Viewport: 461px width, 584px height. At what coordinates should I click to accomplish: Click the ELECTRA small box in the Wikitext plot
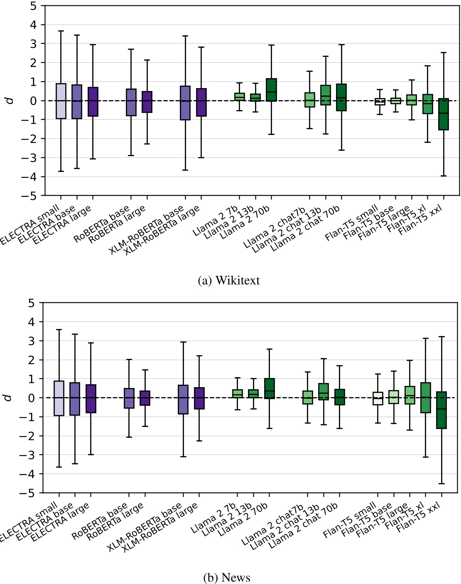pos(61,101)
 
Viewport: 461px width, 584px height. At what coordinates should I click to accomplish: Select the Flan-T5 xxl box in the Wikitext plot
pos(444,114)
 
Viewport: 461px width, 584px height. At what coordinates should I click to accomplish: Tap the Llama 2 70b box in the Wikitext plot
pos(271,90)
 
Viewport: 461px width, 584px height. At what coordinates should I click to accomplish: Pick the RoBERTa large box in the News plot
pos(145,398)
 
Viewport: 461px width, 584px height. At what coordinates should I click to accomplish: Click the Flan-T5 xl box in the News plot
pos(425,398)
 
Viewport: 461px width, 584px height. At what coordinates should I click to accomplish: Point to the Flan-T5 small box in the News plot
pos(378,398)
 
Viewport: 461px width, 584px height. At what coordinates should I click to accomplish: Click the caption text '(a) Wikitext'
pos(229,281)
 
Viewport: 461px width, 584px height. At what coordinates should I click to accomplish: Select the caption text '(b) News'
pos(227,578)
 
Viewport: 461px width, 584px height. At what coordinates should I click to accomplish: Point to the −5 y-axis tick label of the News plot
pos(29,493)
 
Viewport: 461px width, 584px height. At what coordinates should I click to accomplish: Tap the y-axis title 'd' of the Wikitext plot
pos(10,101)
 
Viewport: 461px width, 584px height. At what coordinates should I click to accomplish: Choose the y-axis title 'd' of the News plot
pos(8,398)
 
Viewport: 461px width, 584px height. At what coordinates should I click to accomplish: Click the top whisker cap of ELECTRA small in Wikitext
pos(61,31)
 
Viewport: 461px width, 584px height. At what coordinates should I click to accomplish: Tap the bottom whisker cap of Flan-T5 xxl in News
pos(441,483)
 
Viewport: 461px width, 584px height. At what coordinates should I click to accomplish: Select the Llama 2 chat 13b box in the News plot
pos(324,392)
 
